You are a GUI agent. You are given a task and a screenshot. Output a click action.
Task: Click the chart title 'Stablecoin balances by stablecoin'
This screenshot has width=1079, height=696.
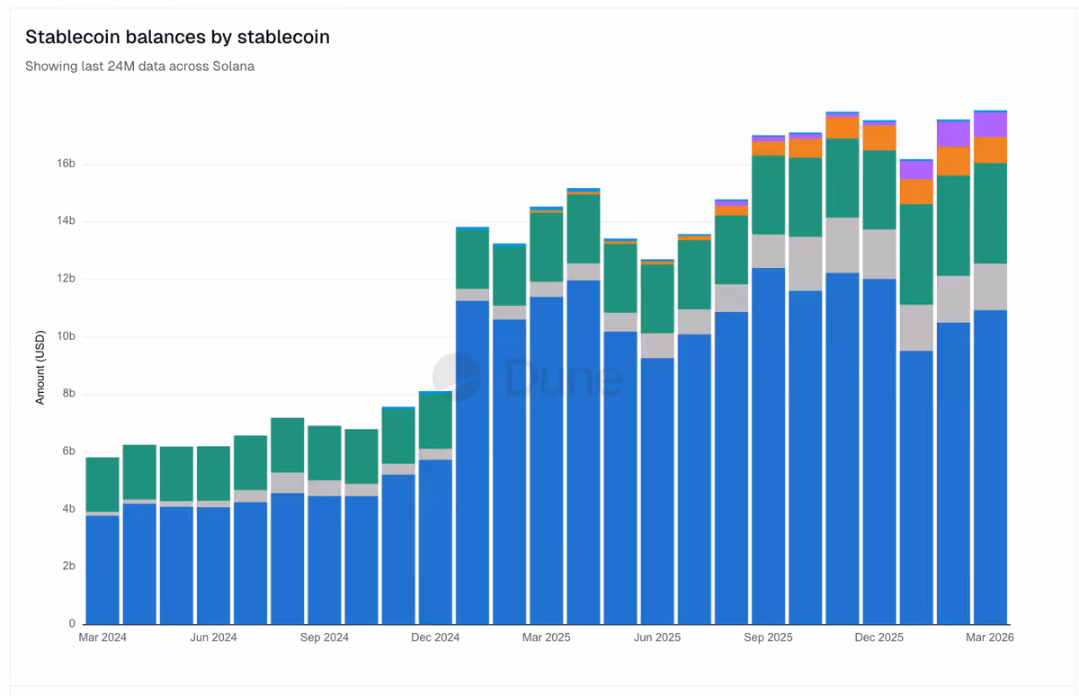click(x=177, y=37)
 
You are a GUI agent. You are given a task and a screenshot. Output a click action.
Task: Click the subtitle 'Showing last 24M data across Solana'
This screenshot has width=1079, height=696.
click(x=139, y=66)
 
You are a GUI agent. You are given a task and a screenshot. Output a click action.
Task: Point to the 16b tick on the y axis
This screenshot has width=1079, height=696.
click(x=66, y=164)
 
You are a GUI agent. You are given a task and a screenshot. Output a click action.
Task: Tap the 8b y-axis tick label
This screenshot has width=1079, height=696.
click(x=69, y=394)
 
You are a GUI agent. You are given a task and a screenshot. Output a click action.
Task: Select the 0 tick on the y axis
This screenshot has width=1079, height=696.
click(x=72, y=624)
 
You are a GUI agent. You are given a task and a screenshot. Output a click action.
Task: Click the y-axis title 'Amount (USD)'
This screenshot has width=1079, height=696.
click(x=40, y=368)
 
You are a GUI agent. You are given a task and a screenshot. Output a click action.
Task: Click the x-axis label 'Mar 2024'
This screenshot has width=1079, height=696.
click(x=103, y=638)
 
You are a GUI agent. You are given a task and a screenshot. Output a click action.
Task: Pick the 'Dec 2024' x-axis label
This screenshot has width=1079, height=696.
click(x=435, y=638)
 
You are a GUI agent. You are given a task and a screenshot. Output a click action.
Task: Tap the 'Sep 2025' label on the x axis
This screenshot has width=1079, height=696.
click(x=768, y=638)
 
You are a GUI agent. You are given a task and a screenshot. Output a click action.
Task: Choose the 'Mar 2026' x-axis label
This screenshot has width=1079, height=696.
click(x=990, y=638)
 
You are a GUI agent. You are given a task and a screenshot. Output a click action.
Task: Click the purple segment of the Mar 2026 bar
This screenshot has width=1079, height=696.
click(x=990, y=125)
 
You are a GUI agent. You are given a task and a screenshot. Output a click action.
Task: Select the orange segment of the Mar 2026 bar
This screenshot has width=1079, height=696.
click(x=990, y=150)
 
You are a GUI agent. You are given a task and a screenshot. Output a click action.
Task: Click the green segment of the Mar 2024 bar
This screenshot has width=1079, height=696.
click(x=103, y=485)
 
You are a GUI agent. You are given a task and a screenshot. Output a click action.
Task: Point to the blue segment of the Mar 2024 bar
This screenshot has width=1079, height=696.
click(x=103, y=570)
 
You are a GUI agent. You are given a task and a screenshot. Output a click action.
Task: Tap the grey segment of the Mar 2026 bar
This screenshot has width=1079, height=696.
click(x=990, y=287)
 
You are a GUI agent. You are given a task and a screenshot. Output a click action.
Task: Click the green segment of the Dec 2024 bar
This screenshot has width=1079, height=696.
click(x=435, y=422)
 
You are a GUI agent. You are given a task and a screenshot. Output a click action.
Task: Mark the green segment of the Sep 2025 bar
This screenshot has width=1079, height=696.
click(x=768, y=195)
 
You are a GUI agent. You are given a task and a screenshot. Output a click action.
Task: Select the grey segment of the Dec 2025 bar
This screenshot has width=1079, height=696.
click(x=879, y=254)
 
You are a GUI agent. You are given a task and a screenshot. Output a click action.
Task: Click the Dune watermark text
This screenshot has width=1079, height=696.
click(x=563, y=378)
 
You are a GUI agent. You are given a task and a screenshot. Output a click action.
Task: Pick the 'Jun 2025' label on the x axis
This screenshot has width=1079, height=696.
click(x=657, y=638)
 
